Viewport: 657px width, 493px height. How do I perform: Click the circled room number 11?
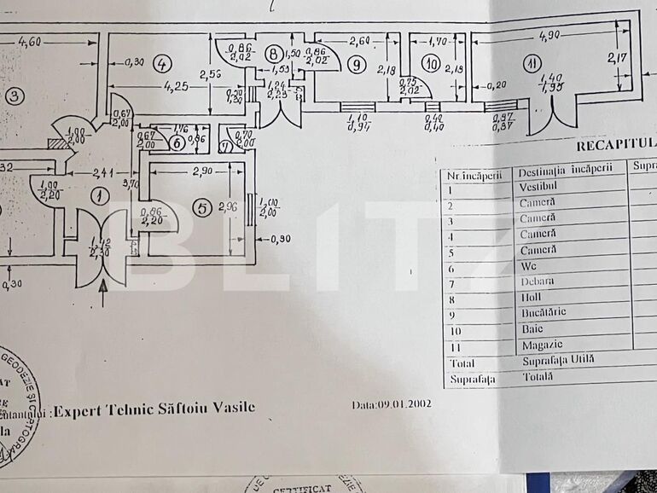click(533, 63)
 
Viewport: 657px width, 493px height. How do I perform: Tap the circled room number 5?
click(202, 206)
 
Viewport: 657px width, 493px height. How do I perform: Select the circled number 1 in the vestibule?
click(100, 196)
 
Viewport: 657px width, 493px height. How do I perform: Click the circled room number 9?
click(356, 63)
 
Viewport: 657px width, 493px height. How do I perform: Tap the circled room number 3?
click(13, 96)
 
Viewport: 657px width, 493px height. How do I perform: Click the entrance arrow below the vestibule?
click(104, 293)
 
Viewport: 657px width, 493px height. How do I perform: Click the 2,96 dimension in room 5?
click(226, 206)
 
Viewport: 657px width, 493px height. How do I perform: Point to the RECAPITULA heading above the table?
click(614, 145)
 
